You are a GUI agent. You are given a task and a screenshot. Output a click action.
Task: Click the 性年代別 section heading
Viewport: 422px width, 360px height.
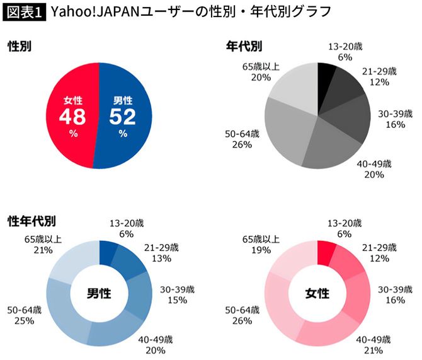(31, 221)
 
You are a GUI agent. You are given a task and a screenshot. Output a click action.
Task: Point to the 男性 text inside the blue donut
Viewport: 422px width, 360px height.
(100, 293)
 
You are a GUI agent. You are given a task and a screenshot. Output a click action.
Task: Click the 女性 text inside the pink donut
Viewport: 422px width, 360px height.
(318, 293)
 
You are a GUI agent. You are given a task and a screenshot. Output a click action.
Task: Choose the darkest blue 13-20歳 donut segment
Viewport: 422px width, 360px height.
(108, 250)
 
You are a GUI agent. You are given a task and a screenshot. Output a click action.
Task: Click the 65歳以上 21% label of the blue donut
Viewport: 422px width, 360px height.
(42, 245)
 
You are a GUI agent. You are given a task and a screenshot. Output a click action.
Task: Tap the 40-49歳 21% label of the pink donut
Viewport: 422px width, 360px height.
(374, 344)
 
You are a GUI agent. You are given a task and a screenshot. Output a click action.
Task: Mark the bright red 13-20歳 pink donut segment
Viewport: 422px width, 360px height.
(326, 251)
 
